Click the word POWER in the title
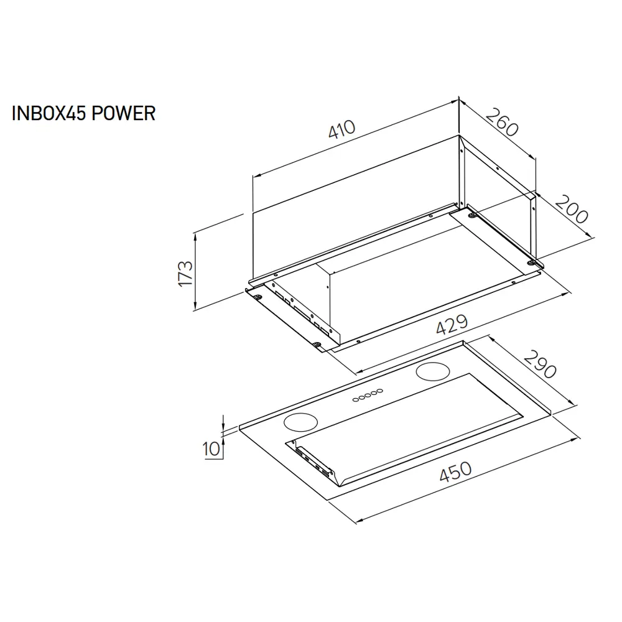tap(123, 113)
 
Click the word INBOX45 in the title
tap(49, 113)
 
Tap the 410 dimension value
tap(342, 129)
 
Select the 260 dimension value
tap(502, 122)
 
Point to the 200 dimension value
tap(571, 210)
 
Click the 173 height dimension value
tap(185, 273)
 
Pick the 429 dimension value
tap(452, 324)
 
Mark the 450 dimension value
tap(455, 471)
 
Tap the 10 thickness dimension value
tap(211, 449)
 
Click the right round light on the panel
tap(433, 372)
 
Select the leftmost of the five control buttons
tap(356, 400)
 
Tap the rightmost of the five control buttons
tap(380, 391)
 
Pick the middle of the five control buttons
tap(368, 395)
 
